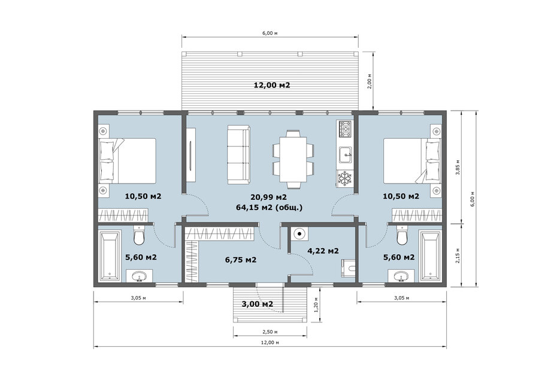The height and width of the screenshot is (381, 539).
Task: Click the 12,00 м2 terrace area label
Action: coord(271,85)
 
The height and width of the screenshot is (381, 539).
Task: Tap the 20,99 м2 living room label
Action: coord(268,197)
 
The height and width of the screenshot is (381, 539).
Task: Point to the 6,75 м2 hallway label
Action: coord(241,260)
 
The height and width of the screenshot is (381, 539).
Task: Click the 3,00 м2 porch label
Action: coord(258,304)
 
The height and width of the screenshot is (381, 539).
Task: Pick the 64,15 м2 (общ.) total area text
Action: coord(269,208)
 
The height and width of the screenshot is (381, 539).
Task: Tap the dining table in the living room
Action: coord(293,159)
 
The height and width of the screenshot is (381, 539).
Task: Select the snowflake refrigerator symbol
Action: coord(345,179)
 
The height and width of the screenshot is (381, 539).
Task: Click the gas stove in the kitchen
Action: coord(345,129)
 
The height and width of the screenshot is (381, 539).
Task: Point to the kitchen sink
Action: coord(345,154)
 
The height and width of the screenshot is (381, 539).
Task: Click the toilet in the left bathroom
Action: coord(139,235)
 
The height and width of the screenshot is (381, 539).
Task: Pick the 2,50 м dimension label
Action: coord(270,332)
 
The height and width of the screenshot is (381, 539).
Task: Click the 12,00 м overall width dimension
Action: coord(270,342)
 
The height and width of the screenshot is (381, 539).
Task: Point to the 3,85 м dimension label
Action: coord(458,167)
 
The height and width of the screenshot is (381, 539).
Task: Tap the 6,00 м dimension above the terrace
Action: coord(270,33)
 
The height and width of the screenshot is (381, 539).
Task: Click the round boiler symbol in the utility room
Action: coord(299,234)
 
